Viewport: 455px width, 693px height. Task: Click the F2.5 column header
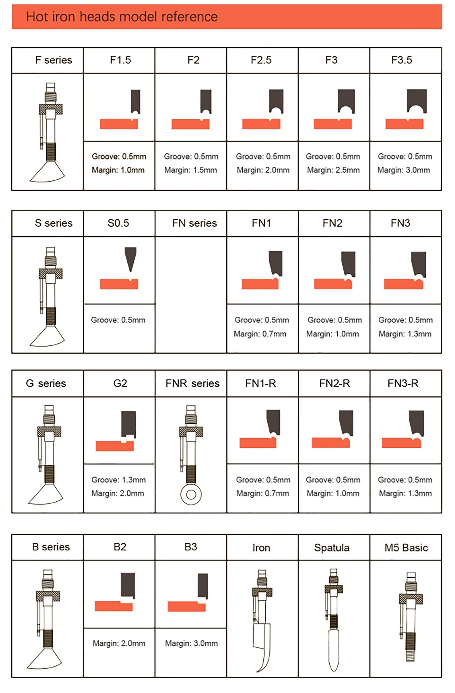point(261,60)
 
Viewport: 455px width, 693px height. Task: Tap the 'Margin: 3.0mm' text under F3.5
point(404,170)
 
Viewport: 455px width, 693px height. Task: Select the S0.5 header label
point(118,223)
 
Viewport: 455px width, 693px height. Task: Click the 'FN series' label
point(194,223)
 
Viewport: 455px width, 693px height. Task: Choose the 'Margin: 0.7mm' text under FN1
point(260,334)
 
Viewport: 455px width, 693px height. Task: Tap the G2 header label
point(120,383)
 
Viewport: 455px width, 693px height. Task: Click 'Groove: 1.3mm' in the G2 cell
point(118,480)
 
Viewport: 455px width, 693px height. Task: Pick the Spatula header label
point(331,548)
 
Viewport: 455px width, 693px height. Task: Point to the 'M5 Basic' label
point(406,548)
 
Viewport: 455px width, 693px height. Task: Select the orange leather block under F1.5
point(119,124)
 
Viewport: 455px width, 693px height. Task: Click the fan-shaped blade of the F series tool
point(47,173)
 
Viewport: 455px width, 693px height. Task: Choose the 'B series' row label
point(51,547)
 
